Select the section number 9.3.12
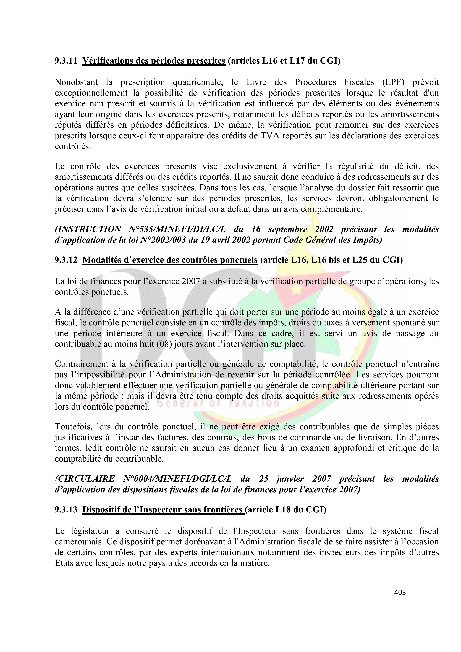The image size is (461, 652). (x=66, y=260)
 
